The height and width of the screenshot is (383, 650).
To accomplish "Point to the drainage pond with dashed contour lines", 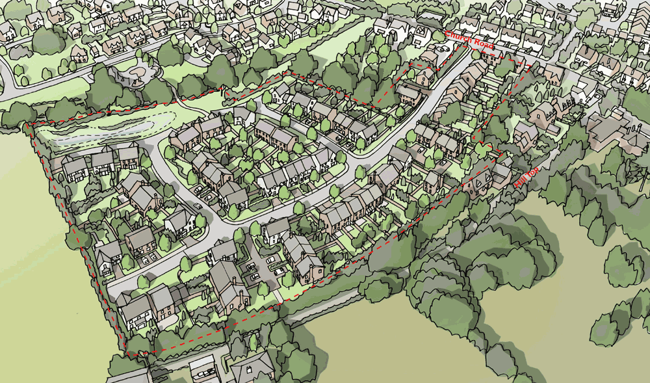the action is coord(104,127).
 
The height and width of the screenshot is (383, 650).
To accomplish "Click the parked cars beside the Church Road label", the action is coord(440,49).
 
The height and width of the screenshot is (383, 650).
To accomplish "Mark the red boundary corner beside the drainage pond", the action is coord(30,124).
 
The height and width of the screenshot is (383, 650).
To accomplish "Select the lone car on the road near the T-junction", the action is coord(197,207).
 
